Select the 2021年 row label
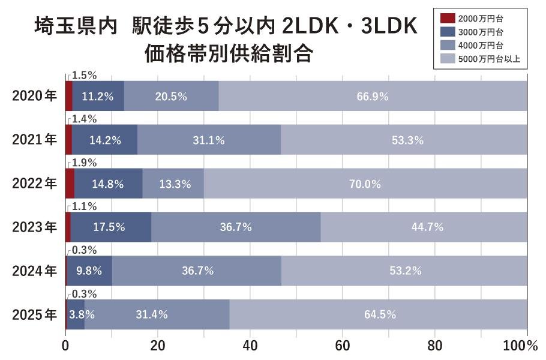click(x=34, y=140)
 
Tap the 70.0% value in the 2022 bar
click(x=365, y=184)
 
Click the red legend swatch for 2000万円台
click(x=448, y=22)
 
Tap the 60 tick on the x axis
click(x=342, y=346)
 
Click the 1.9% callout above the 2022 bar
click(x=84, y=163)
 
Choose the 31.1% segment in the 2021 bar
click(x=209, y=140)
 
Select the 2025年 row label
click(x=34, y=314)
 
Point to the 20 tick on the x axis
click(x=157, y=346)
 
